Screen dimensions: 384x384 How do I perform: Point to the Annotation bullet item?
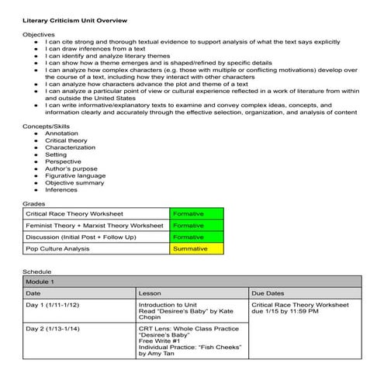point(62,133)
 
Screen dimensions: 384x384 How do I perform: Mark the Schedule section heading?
point(38,272)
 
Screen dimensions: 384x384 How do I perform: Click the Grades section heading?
point(34,202)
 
